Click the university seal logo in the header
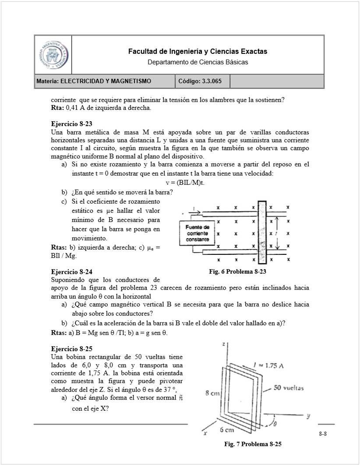[53, 55]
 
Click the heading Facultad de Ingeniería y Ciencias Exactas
[198, 52]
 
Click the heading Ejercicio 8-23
[71, 124]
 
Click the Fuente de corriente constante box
[197, 234]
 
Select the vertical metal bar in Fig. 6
[262, 232]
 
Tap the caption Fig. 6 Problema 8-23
[237, 272]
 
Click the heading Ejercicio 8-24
[71, 272]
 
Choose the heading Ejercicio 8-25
[71, 349]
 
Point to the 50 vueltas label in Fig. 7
[289, 388]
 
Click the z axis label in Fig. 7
[224, 345]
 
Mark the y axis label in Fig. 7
[308, 416]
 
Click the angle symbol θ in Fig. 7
[276, 424]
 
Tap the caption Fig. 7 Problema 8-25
[252, 444]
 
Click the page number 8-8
[323, 434]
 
